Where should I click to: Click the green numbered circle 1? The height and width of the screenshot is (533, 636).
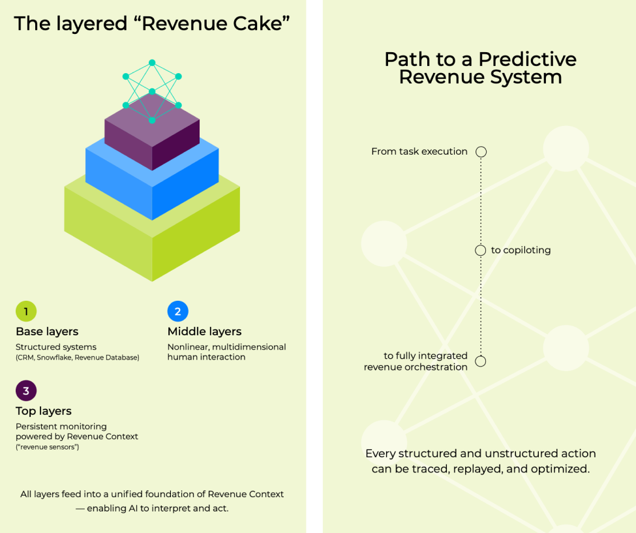(26, 311)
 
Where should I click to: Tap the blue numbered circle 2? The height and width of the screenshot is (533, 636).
(177, 311)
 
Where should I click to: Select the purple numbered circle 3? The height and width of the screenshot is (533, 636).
(26, 391)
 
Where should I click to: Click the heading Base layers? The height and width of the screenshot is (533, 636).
(47, 331)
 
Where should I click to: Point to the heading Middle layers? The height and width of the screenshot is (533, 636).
(204, 331)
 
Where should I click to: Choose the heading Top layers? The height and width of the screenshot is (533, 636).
(44, 411)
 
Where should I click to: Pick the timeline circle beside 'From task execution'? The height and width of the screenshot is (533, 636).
(481, 152)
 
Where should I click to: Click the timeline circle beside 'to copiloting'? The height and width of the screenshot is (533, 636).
(481, 251)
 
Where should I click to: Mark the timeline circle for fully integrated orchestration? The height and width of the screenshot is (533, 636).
(481, 361)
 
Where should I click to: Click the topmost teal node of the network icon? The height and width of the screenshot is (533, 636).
(152, 63)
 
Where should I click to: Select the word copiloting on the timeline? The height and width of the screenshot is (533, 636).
(526, 251)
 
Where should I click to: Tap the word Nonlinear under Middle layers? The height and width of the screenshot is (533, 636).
(189, 347)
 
